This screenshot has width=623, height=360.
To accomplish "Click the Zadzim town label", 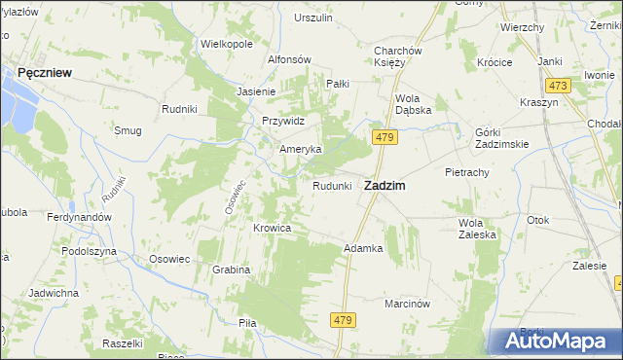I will [x=385, y=185].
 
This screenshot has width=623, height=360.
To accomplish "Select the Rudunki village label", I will [x=331, y=186].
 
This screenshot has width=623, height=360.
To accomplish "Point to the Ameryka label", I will [x=300, y=149].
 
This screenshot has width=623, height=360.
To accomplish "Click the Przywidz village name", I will [x=283, y=121].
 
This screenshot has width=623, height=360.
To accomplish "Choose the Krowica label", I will [x=273, y=228].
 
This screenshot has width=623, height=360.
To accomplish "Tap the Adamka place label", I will [x=363, y=248].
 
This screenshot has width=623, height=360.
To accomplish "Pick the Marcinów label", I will [x=407, y=303].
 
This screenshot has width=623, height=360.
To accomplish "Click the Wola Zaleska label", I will [x=477, y=228].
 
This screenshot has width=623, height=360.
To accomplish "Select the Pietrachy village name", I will [x=466, y=171].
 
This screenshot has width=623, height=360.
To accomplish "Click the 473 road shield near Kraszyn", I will [x=558, y=86].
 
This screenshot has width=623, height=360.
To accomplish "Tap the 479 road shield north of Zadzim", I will [x=385, y=138].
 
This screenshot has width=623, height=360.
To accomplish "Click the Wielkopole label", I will [x=227, y=44].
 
